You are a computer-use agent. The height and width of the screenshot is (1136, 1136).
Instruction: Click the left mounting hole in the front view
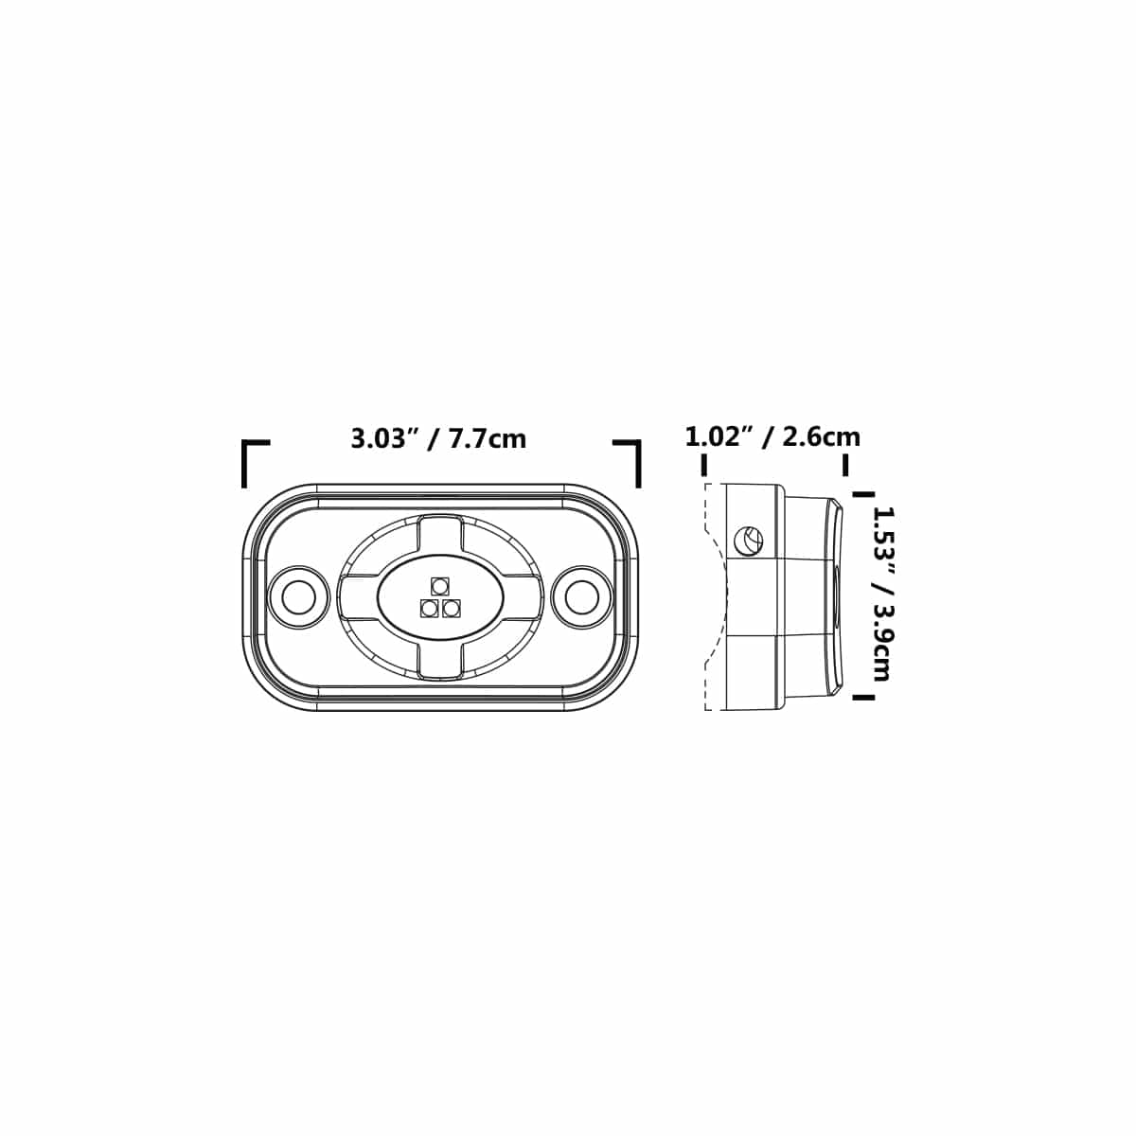(x=298, y=597)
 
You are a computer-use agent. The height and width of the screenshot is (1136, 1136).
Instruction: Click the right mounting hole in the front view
(x=581, y=597)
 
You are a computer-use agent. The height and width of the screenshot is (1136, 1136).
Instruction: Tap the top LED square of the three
(x=440, y=586)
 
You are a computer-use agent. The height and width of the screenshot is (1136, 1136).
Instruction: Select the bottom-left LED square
(x=430, y=608)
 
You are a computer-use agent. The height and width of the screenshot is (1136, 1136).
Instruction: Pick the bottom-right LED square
(x=451, y=608)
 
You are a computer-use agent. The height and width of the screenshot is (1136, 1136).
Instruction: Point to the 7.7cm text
(x=488, y=439)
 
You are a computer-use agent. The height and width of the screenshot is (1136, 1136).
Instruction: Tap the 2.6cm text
(x=821, y=437)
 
